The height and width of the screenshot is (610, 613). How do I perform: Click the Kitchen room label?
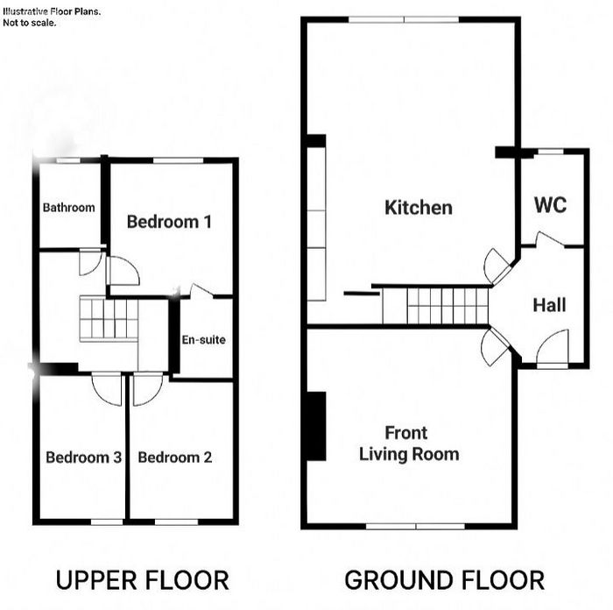click(x=419, y=208)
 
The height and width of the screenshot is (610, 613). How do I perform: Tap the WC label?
click(x=550, y=204)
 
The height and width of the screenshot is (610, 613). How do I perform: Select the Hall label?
click(x=549, y=305)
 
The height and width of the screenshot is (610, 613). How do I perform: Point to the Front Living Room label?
click(x=409, y=443)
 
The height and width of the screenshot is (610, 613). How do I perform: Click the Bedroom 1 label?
click(x=169, y=222)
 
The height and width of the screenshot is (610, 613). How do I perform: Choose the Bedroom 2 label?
click(x=175, y=457)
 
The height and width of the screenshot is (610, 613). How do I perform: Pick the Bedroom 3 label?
click(x=83, y=457)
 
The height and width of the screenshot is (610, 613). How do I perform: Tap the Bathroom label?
click(x=69, y=207)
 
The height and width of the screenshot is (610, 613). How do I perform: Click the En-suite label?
click(x=204, y=339)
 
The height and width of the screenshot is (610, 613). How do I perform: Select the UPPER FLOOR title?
click(x=142, y=580)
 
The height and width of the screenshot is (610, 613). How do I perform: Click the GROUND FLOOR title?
click(x=445, y=580)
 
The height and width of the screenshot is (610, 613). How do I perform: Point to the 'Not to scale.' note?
click(x=29, y=23)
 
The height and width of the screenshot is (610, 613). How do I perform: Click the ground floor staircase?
click(x=435, y=306)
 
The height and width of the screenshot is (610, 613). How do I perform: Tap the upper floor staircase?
click(x=109, y=319)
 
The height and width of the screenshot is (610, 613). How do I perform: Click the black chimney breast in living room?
click(x=316, y=426)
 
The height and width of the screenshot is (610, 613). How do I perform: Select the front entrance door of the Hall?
click(x=552, y=349)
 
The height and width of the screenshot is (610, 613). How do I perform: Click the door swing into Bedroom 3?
click(x=107, y=390)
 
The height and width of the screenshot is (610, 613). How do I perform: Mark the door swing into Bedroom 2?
click(x=148, y=390)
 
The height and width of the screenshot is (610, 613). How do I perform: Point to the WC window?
click(x=551, y=152)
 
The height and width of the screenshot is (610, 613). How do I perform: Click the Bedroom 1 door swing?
click(x=123, y=270)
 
